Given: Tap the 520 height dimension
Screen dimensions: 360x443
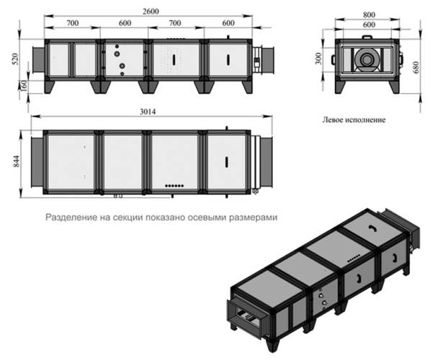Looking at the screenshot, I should (x=15, y=58).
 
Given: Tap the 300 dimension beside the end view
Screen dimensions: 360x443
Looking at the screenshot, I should (x=319, y=58).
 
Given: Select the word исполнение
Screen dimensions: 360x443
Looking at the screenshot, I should (x=369, y=121).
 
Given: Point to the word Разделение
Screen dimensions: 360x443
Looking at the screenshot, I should (x=71, y=216).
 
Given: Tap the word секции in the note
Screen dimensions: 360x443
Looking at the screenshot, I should (x=125, y=216).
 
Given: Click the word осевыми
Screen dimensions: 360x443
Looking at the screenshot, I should (x=207, y=216).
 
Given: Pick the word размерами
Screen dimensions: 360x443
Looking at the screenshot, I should (x=253, y=216).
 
